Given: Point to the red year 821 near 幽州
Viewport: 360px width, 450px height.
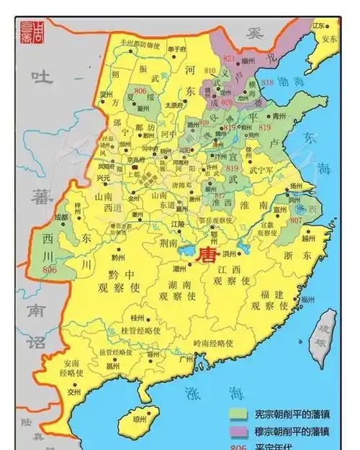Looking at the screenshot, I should click(230, 58).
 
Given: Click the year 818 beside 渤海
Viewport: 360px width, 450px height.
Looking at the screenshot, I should click(267, 83).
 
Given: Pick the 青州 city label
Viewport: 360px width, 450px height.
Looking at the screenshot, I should click(279, 115).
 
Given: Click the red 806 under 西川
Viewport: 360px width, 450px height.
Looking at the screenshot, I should click(50, 269).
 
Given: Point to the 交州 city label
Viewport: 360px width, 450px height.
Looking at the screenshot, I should click(74, 392).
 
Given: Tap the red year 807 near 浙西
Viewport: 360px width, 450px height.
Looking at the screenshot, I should click(296, 220).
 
